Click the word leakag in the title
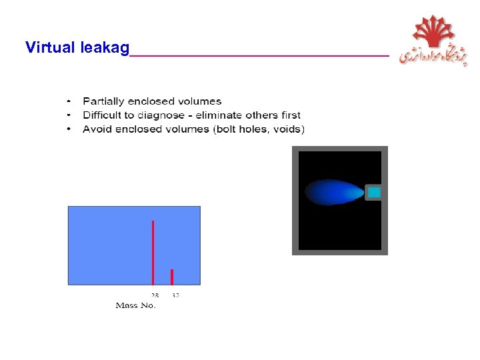click(104, 48)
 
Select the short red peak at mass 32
click(172, 277)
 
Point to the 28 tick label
click(154, 295)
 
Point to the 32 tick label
click(175, 295)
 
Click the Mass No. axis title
click(135, 305)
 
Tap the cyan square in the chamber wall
click(374, 193)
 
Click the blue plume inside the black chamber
click(333, 193)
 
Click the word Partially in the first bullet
click(103, 101)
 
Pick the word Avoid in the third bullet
click(96, 129)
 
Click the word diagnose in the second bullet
click(161, 115)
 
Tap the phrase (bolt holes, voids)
click(259, 129)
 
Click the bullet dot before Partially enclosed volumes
click(69, 101)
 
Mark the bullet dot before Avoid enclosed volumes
click(69, 129)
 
